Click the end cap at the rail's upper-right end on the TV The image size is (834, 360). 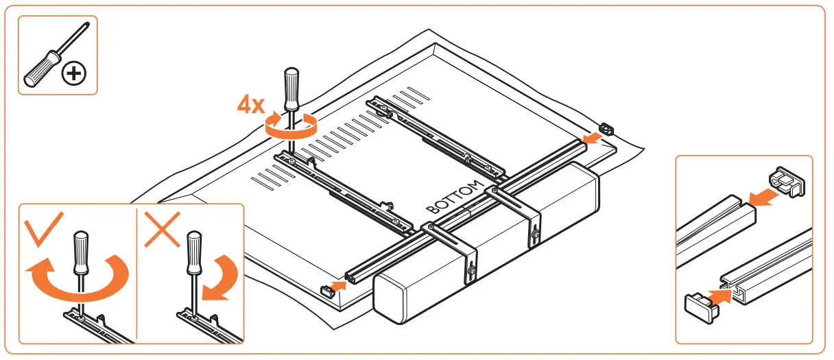coord(606,129)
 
